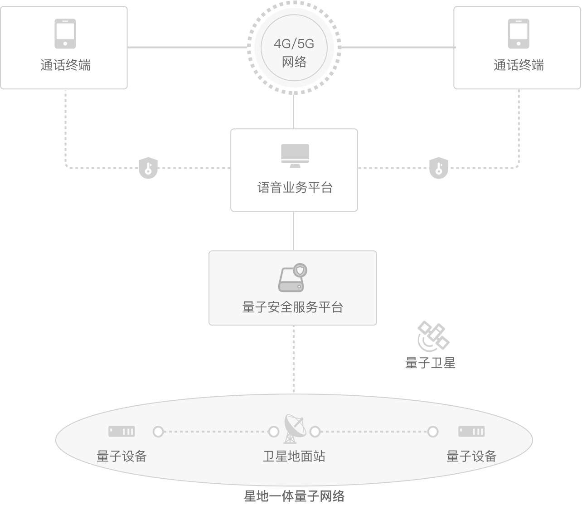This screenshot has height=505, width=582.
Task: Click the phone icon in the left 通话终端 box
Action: pyautogui.click(x=65, y=34)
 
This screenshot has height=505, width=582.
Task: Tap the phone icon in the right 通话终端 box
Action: pyautogui.click(x=519, y=34)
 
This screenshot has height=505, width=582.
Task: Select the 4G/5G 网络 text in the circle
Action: pyautogui.click(x=294, y=53)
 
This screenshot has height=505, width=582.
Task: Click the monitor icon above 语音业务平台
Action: pyautogui.click(x=295, y=156)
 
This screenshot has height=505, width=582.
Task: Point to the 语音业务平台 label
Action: pyautogui.click(x=295, y=188)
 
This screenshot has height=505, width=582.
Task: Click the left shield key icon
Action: pyautogui.click(x=148, y=168)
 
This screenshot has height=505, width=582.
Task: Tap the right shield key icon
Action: pyautogui.click(x=439, y=168)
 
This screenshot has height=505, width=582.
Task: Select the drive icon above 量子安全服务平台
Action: pyautogui.click(x=293, y=277)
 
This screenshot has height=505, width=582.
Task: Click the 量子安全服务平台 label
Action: pyautogui.click(x=293, y=307)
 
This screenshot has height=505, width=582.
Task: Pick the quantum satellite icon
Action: pyautogui.click(x=433, y=336)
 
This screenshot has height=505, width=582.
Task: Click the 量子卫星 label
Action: pyautogui.click(x=430, y=363)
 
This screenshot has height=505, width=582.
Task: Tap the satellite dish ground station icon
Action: pyautogui.click(x=295, y=429)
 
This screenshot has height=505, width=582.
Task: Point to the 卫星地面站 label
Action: pyautogui.click(x=294, y=456)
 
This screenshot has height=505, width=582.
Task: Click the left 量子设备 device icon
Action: pyautogui.click(x=121, y=431)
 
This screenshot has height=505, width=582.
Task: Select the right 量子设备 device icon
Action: pyautogui.click(x=471, y=431)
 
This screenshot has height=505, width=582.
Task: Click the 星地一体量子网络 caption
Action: pyautogui.click(x=294, y=496)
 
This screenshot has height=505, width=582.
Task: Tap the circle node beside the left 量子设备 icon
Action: pyautogui.click(x=158, y=432)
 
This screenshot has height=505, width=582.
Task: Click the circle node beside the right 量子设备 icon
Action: pyautogui.click(x=433, y=432)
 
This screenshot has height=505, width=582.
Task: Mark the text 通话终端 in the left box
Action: pyautogui.click(x=65, y=65)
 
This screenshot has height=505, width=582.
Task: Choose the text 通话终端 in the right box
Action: pyautogui.click(x=519, y=65)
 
